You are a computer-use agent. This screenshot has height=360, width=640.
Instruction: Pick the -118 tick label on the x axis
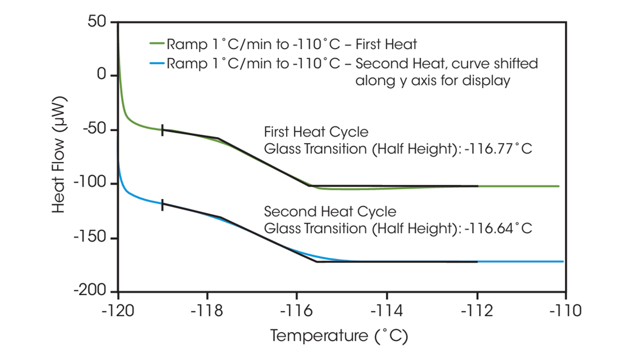[207, 310]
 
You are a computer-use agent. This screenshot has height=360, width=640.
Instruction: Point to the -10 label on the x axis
[565, 310]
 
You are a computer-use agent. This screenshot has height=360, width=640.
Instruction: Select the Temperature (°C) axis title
[339, 335]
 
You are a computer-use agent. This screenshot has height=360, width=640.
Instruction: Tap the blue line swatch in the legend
[156, 64]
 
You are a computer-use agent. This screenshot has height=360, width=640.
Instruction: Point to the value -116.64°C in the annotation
[499, 228]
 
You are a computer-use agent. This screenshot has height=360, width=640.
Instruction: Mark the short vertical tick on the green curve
[162, 129]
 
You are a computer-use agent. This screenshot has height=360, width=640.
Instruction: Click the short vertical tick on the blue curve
[162, 203]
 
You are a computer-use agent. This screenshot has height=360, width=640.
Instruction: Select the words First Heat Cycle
[316, 132]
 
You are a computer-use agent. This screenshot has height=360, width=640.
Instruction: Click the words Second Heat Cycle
[330, 211]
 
